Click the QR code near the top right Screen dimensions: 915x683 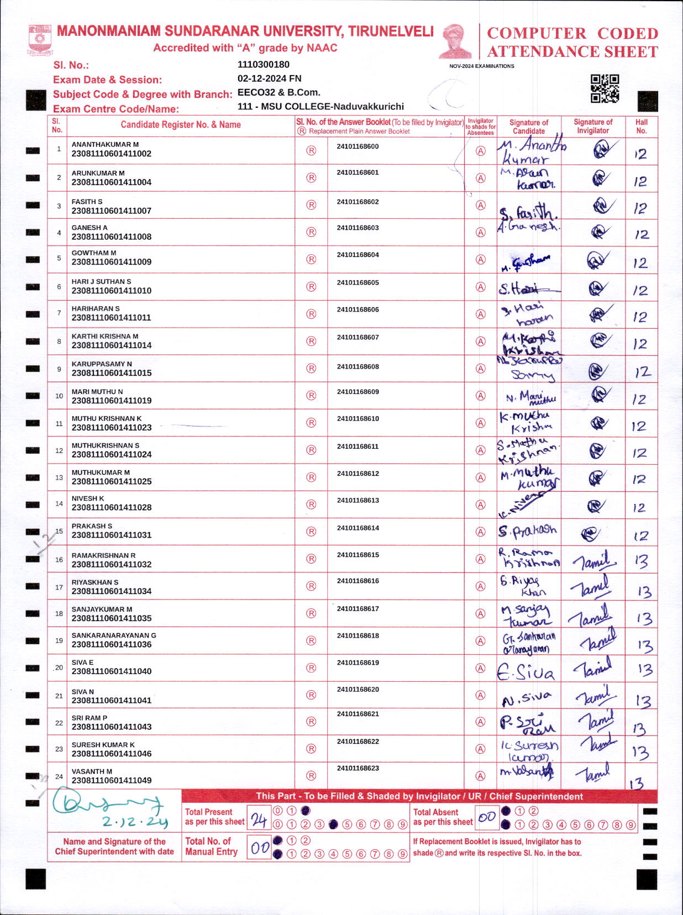605,88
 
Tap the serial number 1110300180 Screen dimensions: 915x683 264,65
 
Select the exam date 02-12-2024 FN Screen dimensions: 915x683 269,78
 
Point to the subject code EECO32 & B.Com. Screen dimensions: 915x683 279,92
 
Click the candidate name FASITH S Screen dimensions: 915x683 87,202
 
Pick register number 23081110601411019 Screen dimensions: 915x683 111,401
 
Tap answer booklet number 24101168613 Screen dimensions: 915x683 358,501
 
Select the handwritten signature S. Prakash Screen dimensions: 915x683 527,531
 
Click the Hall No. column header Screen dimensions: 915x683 641,127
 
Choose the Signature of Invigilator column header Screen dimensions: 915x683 592,127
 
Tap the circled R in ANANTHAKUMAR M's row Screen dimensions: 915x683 311,151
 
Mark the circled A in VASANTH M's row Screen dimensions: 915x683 481,776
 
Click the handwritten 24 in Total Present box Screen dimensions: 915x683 259,820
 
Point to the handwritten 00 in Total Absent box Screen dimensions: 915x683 487,818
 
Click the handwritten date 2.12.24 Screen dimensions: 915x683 135,822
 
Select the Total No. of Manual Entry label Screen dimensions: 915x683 211,846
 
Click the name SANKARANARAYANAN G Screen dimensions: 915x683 114,635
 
